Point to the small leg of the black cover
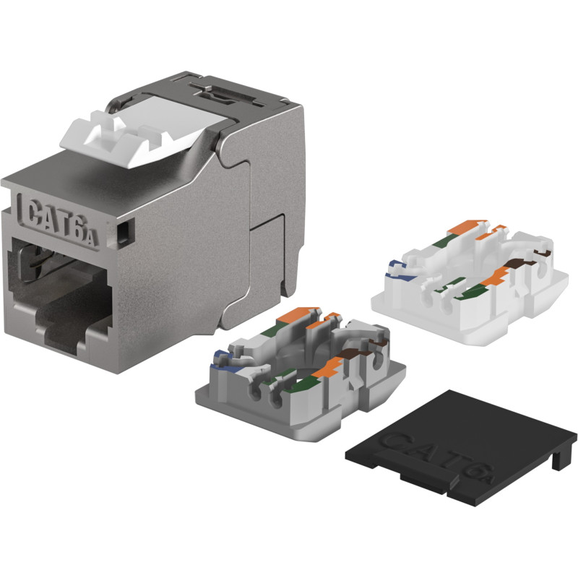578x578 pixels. coord(556,460)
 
